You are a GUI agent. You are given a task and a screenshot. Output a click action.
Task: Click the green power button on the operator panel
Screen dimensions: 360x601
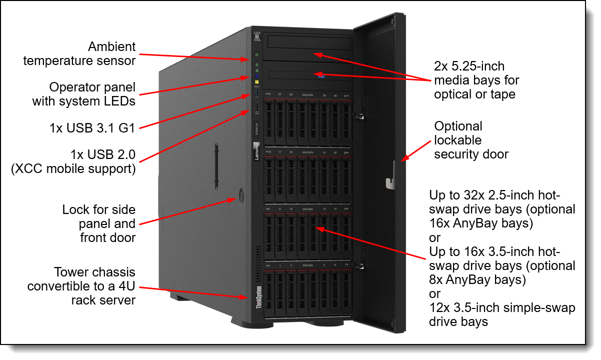256,54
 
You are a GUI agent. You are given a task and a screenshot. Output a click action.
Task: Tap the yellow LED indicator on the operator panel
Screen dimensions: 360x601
256,82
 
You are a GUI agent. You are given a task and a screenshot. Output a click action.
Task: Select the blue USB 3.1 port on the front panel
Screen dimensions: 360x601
257,93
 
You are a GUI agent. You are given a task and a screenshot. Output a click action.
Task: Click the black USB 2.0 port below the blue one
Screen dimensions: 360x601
256,108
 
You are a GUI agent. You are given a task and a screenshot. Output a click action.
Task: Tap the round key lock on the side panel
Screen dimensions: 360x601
242,195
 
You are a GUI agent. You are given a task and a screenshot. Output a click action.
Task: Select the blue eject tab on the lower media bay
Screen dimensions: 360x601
320,76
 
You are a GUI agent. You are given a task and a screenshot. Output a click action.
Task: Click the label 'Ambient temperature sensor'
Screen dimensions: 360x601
79,54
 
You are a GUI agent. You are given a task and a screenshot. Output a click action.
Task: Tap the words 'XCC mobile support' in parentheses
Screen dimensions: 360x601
73,168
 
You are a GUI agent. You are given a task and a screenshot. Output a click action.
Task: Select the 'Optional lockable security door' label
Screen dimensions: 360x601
470,140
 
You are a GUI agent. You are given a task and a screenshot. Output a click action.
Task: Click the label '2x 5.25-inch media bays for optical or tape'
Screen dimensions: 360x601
476,80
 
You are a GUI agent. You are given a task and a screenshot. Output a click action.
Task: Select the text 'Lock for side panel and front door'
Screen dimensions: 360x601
99,223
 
